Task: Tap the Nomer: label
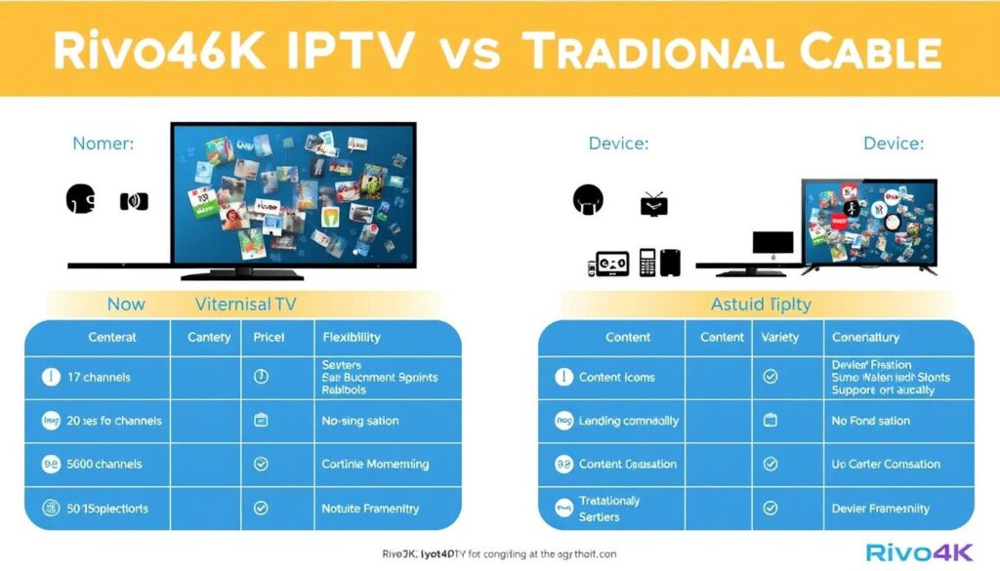click(104, 144)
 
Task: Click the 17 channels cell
click(99, 377)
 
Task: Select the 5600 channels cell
click(105, 465)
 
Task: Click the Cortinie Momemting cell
click(375, 465)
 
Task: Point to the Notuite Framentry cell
click(370, 509)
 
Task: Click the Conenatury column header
click(865, 337)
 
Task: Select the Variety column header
click(779, 337)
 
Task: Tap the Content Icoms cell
click(616, 377)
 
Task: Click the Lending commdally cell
click(628, 421)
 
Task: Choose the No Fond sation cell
click(871, 421)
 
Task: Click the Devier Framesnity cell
click(880, 509)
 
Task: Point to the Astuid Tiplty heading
click(761, 305)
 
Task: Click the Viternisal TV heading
click(245, 305)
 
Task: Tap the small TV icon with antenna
click(653, 204)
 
